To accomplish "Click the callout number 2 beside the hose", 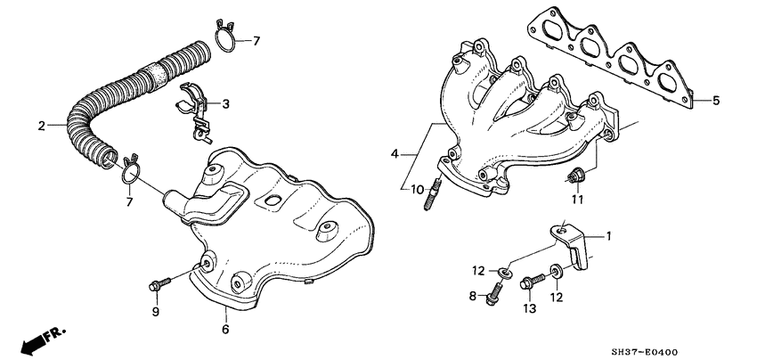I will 41,126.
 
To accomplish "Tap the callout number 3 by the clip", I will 225,104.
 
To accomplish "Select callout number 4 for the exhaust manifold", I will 395,155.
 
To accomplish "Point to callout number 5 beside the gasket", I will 715,101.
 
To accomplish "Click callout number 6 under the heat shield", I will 225,330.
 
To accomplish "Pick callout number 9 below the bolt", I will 155,312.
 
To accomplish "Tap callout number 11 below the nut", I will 576,200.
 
